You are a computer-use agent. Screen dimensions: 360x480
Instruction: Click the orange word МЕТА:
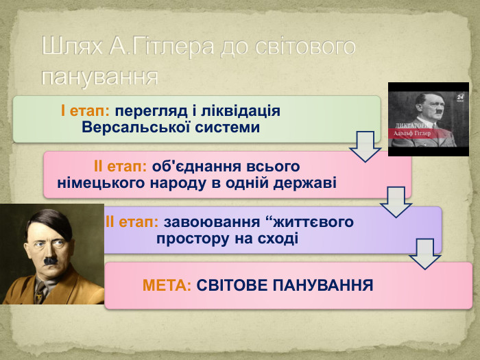coord(167,285)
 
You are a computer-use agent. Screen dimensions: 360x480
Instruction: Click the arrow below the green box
coord(365,145)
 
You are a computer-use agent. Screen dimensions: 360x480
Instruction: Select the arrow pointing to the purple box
coord(396,200)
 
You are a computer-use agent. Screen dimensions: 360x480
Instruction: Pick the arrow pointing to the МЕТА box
coord(424,253)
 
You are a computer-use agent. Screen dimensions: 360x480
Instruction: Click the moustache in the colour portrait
coord(51,261)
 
